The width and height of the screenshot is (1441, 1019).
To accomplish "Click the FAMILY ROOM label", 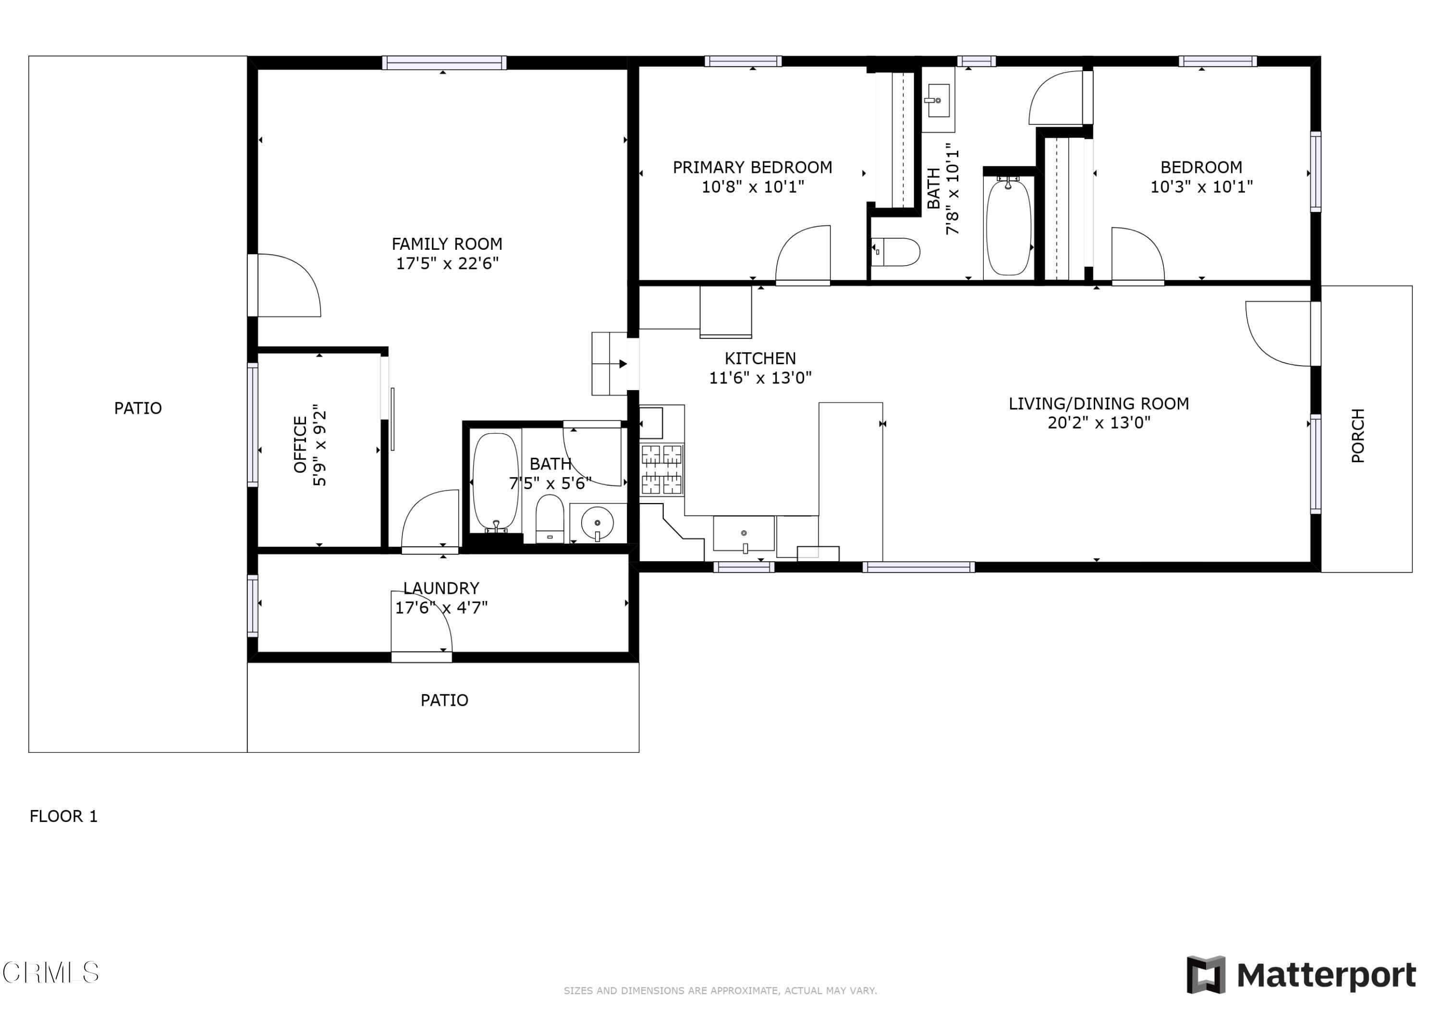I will pos(447,244).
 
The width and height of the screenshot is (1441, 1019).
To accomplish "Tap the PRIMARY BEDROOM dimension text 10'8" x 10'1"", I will pos(753,186).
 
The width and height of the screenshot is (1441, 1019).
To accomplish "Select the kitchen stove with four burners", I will pos(661,470).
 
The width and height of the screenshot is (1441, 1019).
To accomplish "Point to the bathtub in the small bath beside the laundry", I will pos(495,481).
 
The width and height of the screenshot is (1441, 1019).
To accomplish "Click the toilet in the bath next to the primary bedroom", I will pos(896,252).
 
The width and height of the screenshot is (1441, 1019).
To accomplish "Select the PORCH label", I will pos(1357,435).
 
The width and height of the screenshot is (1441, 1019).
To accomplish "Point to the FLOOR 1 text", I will pos(63,816).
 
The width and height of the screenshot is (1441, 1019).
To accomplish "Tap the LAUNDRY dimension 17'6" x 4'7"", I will pos(441,607).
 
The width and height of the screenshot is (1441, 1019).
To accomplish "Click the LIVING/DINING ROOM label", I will pos(1099,404).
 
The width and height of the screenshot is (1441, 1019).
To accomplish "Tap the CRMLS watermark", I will pos(50,972).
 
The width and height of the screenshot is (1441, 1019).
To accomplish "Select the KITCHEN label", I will pos(760,358).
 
